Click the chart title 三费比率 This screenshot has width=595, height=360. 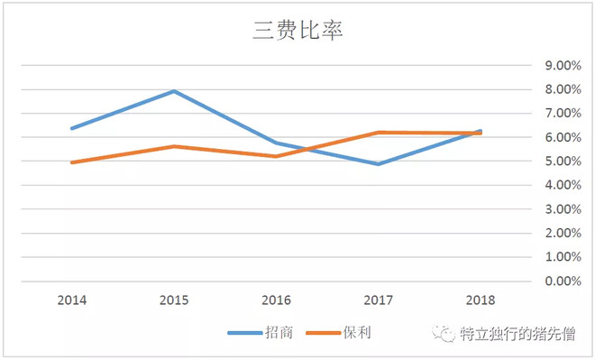[297, 30]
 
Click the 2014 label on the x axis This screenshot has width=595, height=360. [71, 300]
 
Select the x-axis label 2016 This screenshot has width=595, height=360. [275, 300]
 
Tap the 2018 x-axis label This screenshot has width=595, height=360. [479, 300]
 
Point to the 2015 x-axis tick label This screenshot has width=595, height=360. [173, 300]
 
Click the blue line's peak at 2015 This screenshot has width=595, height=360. [173, 91]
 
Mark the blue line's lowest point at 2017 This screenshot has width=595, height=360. [378, 164]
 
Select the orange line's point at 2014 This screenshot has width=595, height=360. [71, 162]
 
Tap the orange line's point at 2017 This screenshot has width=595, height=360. [378, 133]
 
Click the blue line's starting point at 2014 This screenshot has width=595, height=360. [71, 128]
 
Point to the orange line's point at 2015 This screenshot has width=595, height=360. [173, 146]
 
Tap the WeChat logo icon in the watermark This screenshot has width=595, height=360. [446, 334]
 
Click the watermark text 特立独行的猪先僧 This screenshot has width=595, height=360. [521, 334]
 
